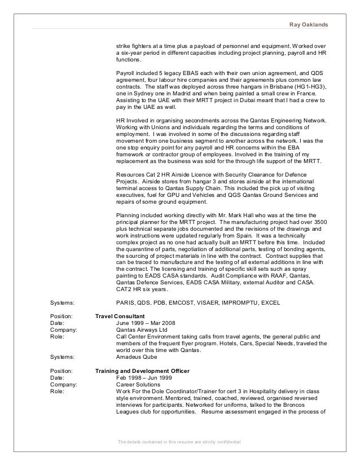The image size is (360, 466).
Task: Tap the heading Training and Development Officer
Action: coord(142,371)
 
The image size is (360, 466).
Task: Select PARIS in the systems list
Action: coord(125,302)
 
